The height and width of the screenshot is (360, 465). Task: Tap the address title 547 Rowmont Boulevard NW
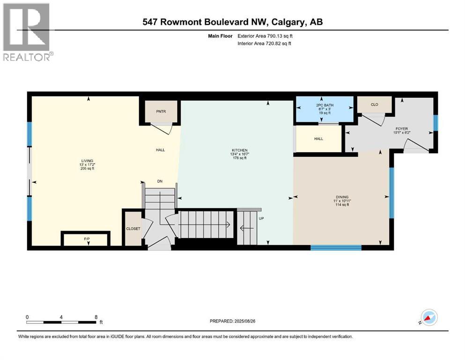[x=232, y=22]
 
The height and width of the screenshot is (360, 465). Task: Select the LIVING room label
[x=87, y=164]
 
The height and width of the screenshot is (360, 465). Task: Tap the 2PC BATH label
[x=323, y=105]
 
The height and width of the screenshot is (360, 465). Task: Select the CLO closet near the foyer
[x=374, y=105]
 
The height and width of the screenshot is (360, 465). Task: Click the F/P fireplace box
[x=87, y=239]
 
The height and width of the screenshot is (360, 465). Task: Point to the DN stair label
[x=159, y=182]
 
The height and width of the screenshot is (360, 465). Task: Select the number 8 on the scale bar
[x=96, y=316]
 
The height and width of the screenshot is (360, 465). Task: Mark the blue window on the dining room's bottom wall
[x=336, y=247]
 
